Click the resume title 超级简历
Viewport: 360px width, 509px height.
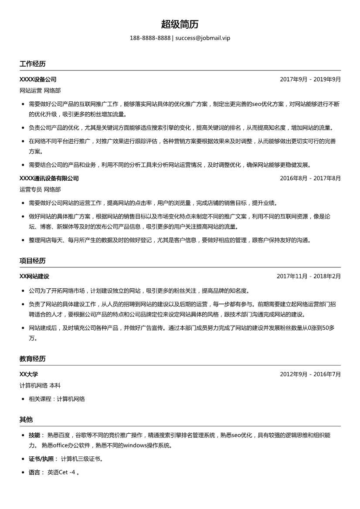click(180, 24)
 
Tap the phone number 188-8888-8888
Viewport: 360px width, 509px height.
click(150, 38)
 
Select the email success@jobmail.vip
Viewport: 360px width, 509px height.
click(203, 38)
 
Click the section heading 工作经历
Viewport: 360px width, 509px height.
click(32, 64)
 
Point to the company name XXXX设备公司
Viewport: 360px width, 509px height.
click(38, 79)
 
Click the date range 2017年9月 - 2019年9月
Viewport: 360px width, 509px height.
click(310, 79)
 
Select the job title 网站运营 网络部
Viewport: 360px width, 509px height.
click(40, 91)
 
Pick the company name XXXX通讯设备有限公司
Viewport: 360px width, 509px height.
click(49, 178)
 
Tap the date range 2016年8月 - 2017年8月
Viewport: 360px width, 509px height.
click(310, 178)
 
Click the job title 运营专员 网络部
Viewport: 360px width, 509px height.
click(40, 189)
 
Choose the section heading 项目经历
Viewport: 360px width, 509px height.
click(32, 261)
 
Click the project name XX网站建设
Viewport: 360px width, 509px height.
click(34, 276)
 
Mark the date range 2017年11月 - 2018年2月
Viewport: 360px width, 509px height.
click(309, 276)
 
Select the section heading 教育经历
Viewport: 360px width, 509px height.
click(32, 359)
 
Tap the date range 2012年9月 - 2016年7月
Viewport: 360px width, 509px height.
click(310, 374)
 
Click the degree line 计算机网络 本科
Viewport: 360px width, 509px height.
click(40, 385)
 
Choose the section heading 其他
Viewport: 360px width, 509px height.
click(26, 420)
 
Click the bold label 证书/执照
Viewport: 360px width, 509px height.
click(41, 458)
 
